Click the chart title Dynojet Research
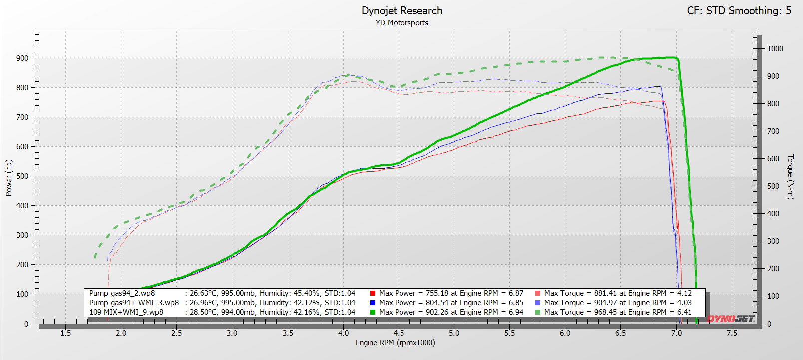402,11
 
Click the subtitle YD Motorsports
402,23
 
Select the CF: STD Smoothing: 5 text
739,11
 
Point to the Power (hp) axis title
9,178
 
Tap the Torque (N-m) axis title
791,177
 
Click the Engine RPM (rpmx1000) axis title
396,343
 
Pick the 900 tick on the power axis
22,58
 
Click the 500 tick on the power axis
22,176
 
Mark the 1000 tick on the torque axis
775,49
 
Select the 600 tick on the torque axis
773,158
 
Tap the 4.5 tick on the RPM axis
399,333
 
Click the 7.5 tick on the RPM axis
732,333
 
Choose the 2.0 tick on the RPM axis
121,333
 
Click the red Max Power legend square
373,293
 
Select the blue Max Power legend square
373,303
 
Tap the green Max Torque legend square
538,312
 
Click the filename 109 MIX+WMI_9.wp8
126,312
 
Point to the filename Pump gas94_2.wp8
122,293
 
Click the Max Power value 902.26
439,312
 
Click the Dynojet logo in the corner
730,319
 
